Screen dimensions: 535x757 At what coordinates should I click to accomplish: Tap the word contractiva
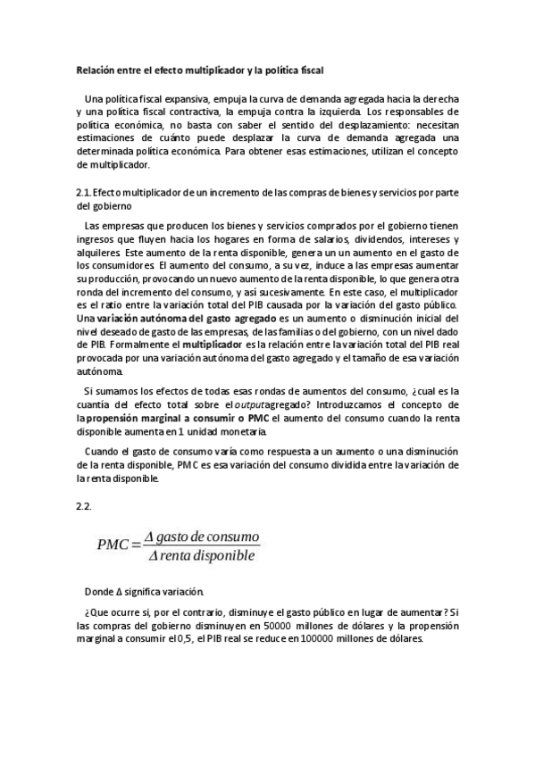196,112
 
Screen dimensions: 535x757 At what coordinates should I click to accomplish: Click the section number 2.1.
83,192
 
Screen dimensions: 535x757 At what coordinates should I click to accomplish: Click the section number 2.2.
85,505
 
